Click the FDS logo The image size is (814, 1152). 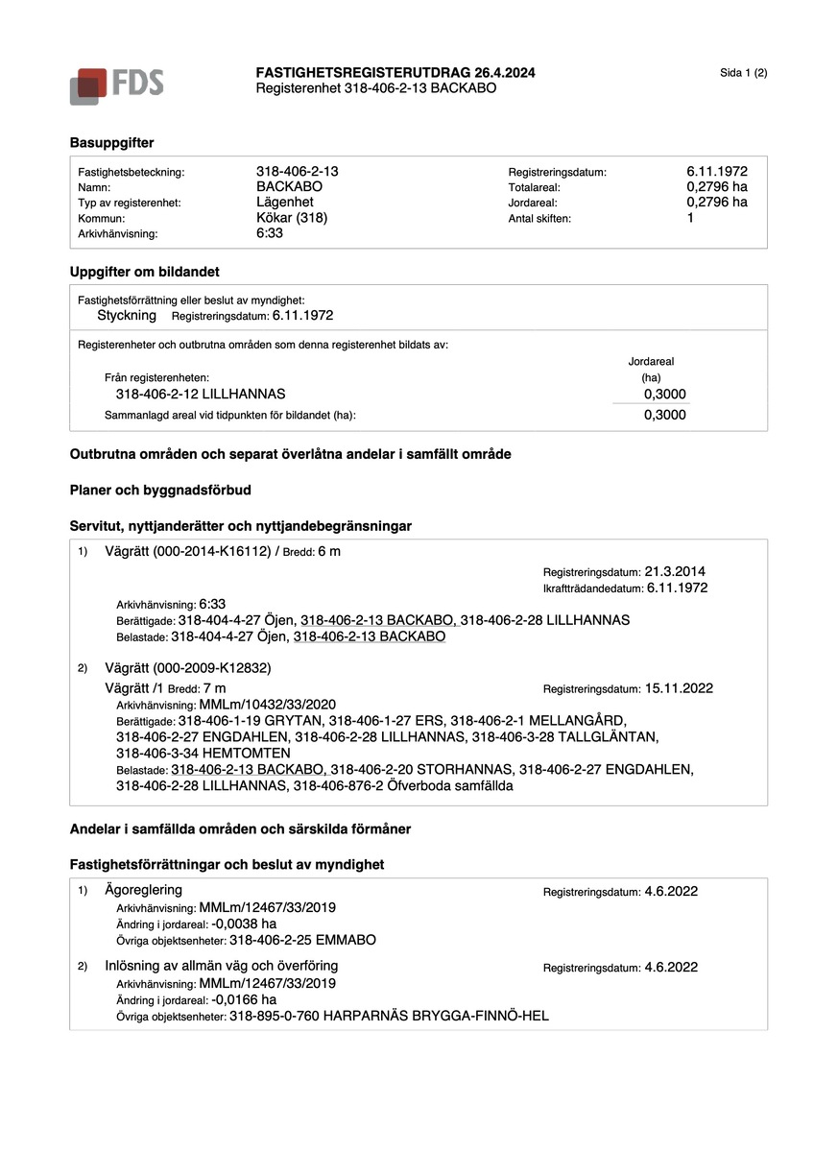[116, 84]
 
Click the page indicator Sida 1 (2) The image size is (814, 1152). [743, 73]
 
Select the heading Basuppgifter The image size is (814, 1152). [111, 142]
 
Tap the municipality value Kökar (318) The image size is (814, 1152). [292, 218]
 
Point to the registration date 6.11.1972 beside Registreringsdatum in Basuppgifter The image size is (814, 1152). [709, 171]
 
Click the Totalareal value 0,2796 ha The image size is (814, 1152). [709, 186]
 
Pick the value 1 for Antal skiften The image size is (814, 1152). [690, 218]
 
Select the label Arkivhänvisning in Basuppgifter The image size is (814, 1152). [117, 233]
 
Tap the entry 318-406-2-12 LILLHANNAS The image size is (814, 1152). [200, 395]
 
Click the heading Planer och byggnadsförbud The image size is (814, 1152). [160, 490]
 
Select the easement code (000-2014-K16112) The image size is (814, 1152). [217, 551]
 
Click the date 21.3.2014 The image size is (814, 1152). [676, 571]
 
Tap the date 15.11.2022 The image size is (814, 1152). [679, 688]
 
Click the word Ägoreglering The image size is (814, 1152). [143, 890]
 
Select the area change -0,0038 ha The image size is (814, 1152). [244, 924]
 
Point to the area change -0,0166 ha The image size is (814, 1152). [244, 998]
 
